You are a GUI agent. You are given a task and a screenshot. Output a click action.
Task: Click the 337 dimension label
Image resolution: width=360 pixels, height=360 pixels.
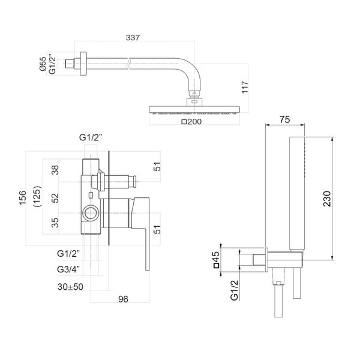[x=133, y=37]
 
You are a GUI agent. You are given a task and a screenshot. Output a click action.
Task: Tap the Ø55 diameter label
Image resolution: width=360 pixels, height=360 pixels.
[x=43, y=64]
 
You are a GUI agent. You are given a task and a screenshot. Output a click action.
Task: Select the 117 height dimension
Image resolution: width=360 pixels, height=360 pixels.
[x=245, y=87]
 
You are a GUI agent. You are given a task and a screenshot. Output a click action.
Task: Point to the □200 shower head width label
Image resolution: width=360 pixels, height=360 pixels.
[x=191, y=121]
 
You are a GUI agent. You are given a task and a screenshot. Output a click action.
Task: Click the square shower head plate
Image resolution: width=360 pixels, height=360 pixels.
[x=194, y=110]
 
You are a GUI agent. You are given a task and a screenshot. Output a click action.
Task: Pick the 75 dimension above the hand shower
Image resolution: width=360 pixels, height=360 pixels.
[x=284, y=119]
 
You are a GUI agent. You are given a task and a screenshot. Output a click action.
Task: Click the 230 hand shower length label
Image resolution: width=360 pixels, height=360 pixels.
[x=327, y=199]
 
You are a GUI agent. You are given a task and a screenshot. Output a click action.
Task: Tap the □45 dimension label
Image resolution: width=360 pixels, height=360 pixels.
[x=216, y=260]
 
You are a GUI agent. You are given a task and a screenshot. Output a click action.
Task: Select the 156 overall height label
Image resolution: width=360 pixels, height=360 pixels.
[x=23, y=198]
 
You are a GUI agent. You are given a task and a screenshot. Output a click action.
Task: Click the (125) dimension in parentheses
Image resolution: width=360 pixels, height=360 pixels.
[x=37, y=197]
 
